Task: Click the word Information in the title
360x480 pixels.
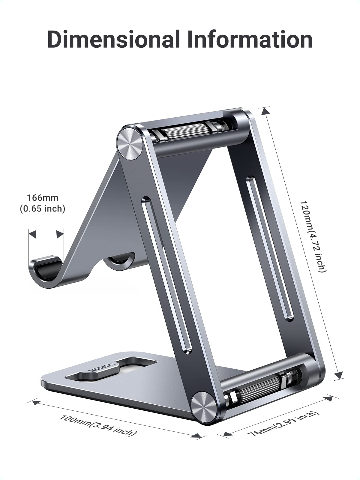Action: [250, 39]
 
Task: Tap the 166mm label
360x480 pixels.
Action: [43, 198]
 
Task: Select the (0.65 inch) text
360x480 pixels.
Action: [43, 208]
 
